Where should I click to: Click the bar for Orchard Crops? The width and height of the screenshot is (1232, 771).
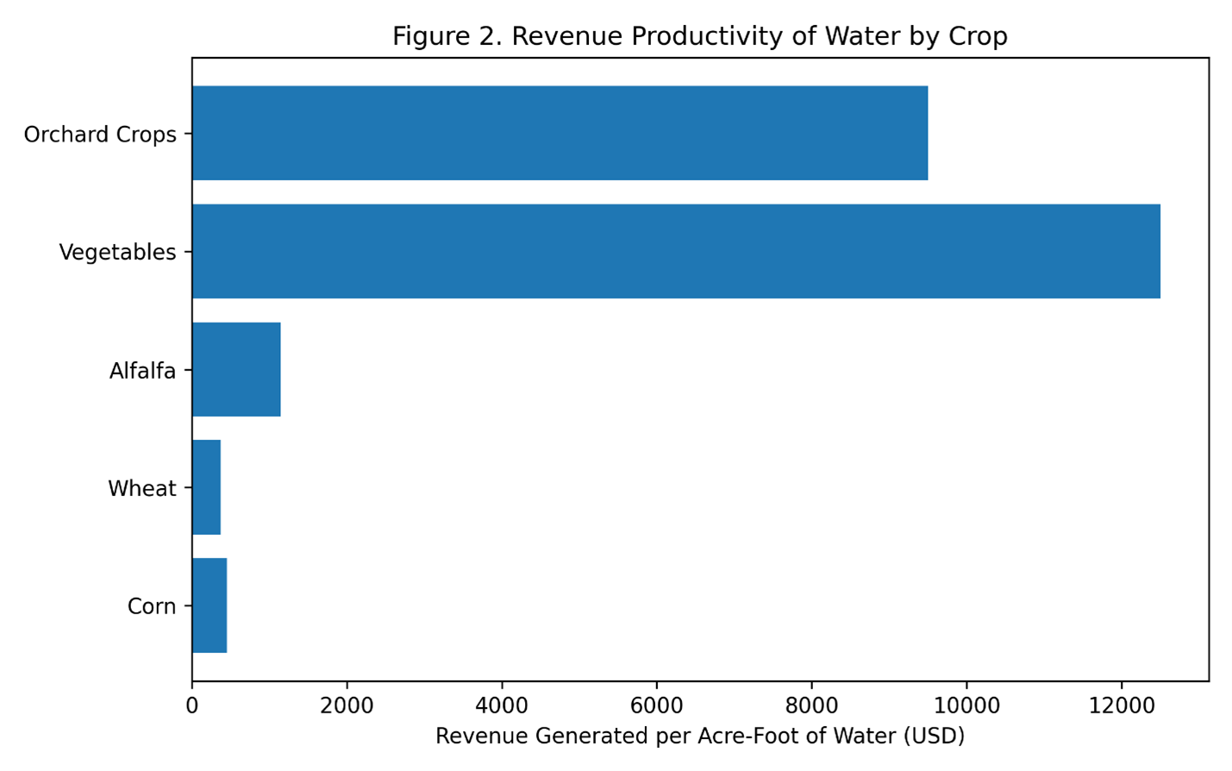(560, 133)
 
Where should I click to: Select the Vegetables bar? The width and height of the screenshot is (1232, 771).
(676, 251)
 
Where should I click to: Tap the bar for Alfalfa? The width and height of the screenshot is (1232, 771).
(236, 369)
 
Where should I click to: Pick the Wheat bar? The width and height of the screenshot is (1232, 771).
(206, 487)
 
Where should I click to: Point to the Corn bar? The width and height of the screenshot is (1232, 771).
(210, 605)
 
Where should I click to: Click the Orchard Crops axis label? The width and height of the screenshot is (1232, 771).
(100, 135)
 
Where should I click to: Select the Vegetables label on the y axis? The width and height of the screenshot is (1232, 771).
(117, 253)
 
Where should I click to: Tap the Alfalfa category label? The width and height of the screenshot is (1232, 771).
(142, 371)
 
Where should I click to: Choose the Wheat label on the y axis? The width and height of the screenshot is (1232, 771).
(141, 488)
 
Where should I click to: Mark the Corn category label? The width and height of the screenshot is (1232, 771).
(152, 606)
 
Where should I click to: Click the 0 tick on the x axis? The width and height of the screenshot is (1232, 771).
(192, 705)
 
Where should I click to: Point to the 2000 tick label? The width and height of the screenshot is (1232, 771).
(347, 705)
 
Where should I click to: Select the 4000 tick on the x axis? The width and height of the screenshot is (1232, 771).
(502, 705)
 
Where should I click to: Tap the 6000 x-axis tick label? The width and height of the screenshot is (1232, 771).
(656, 705)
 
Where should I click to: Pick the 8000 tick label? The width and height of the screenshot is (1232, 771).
(811, 705)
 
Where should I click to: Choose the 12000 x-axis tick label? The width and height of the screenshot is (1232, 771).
(1121, 705)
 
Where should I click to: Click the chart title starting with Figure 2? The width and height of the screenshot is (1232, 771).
(699, 36)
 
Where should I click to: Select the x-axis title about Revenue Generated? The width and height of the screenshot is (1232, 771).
(699, 736)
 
